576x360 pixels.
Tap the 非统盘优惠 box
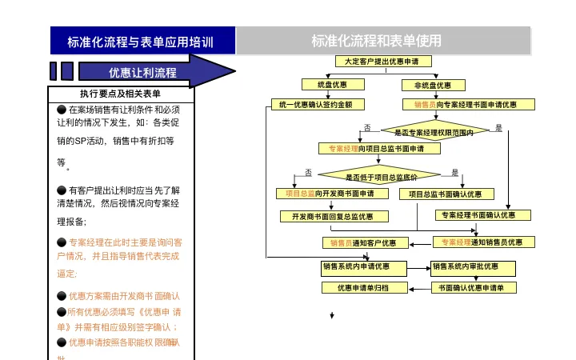[x=433, y=85]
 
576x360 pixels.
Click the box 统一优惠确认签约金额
[x=316, y=104]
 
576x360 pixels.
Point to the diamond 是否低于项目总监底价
[x=380, y=177]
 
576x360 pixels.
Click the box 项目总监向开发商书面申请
[x=330, y=194]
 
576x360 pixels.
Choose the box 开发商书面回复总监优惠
[x=334, y=216]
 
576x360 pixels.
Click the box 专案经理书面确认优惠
[x=482, y=214]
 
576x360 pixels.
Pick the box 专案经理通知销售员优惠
[x=482, y=242]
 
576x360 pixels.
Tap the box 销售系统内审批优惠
[x=472, y=267]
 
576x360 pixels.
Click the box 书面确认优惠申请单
[x=472, y=287]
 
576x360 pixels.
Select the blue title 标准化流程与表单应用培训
[x=140, y=42]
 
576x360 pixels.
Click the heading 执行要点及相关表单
[x=120, y=94]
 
